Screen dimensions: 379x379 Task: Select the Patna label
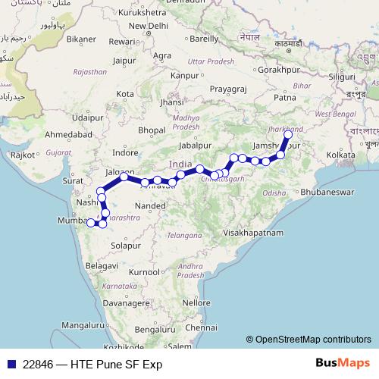point(285,98)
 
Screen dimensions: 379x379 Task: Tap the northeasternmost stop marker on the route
point(288,135)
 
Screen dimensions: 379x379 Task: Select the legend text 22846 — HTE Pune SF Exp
point(92,365)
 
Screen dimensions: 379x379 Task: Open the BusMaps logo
point(342,364)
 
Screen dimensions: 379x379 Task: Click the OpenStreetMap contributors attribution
point(313,340)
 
